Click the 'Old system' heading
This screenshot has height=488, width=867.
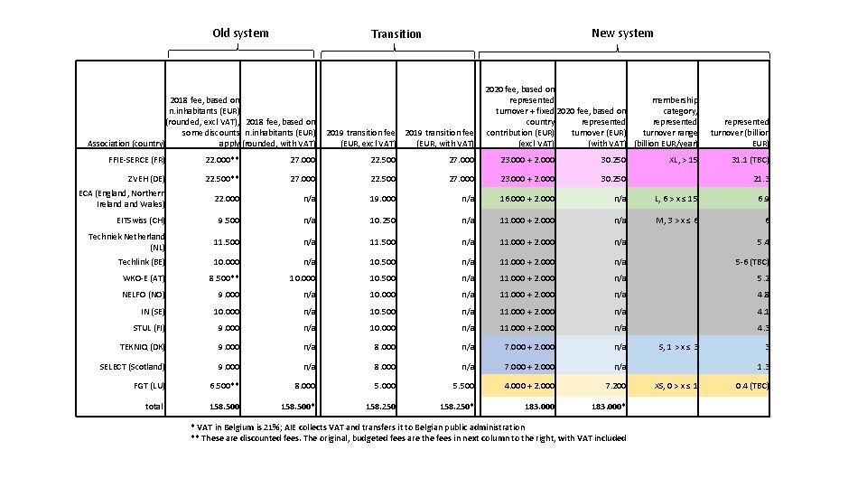[x=240, y=33]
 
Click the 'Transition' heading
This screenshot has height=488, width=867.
[x=396, y=34]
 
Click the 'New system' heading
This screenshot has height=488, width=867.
[x=622, y=33]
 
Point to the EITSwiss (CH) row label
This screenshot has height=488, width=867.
[x=140, y=221]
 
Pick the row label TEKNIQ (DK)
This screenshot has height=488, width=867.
[x=141, y=346]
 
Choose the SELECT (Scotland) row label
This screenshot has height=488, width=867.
[x=133, y=366]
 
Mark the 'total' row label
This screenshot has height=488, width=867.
[x=154, y=407]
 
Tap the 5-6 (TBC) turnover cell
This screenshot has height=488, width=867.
[x=749, y=262]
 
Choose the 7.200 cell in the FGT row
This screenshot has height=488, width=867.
[x=614, y=386]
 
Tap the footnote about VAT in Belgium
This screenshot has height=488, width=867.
[x=358, y=427]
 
